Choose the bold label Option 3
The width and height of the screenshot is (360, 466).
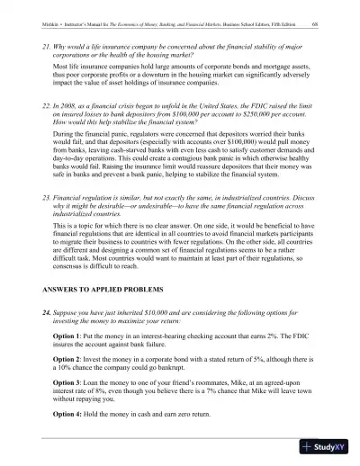(68, 392)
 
